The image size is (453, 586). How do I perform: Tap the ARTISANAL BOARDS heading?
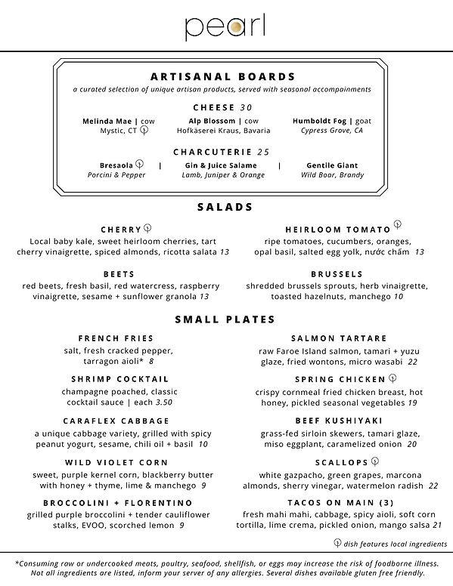coord(222,77)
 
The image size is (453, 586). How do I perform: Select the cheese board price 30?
coord(247,107)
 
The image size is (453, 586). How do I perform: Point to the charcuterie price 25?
coord(263,152)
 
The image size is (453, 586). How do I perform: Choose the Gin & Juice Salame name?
coord(221,165)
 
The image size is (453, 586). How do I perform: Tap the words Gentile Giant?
coord(332,165)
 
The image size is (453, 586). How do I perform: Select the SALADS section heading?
coord(225,207)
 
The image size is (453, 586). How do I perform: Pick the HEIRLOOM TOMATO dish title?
coord(338,229)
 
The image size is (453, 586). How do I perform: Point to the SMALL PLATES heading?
coord(225,319)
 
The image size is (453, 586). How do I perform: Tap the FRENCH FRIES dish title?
coord(116,338)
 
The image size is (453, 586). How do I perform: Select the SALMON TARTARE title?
coord(339,338)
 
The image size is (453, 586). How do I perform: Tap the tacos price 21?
coord(436,524)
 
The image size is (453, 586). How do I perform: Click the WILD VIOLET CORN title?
coord(116,462)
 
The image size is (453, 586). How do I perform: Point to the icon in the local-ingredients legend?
coord(337,543)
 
